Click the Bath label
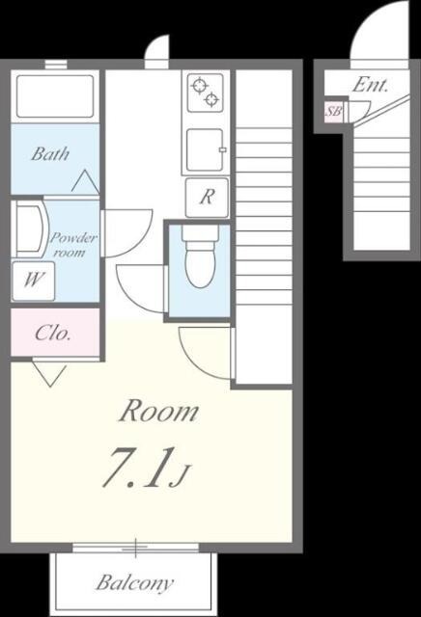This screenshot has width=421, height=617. (50, 153)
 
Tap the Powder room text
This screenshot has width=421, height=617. (73, 245)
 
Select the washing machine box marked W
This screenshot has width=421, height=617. (33, 281)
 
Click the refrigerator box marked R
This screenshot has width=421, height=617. (207, 197)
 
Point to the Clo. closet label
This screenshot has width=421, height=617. (52, 334)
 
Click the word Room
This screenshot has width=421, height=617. (158, 412)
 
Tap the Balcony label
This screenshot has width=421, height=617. (135, 582)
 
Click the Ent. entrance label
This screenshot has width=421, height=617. (370, 85)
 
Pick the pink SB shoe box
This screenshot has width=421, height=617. (333, 112)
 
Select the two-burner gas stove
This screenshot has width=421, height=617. (206, 93)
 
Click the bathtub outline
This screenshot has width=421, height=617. (55, 96)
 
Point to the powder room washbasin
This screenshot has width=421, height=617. (30, 229)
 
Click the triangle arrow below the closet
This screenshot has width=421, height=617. (49, 375)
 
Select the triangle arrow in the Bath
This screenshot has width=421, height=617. (86, 182)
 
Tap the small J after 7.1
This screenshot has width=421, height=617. (180, 475)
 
